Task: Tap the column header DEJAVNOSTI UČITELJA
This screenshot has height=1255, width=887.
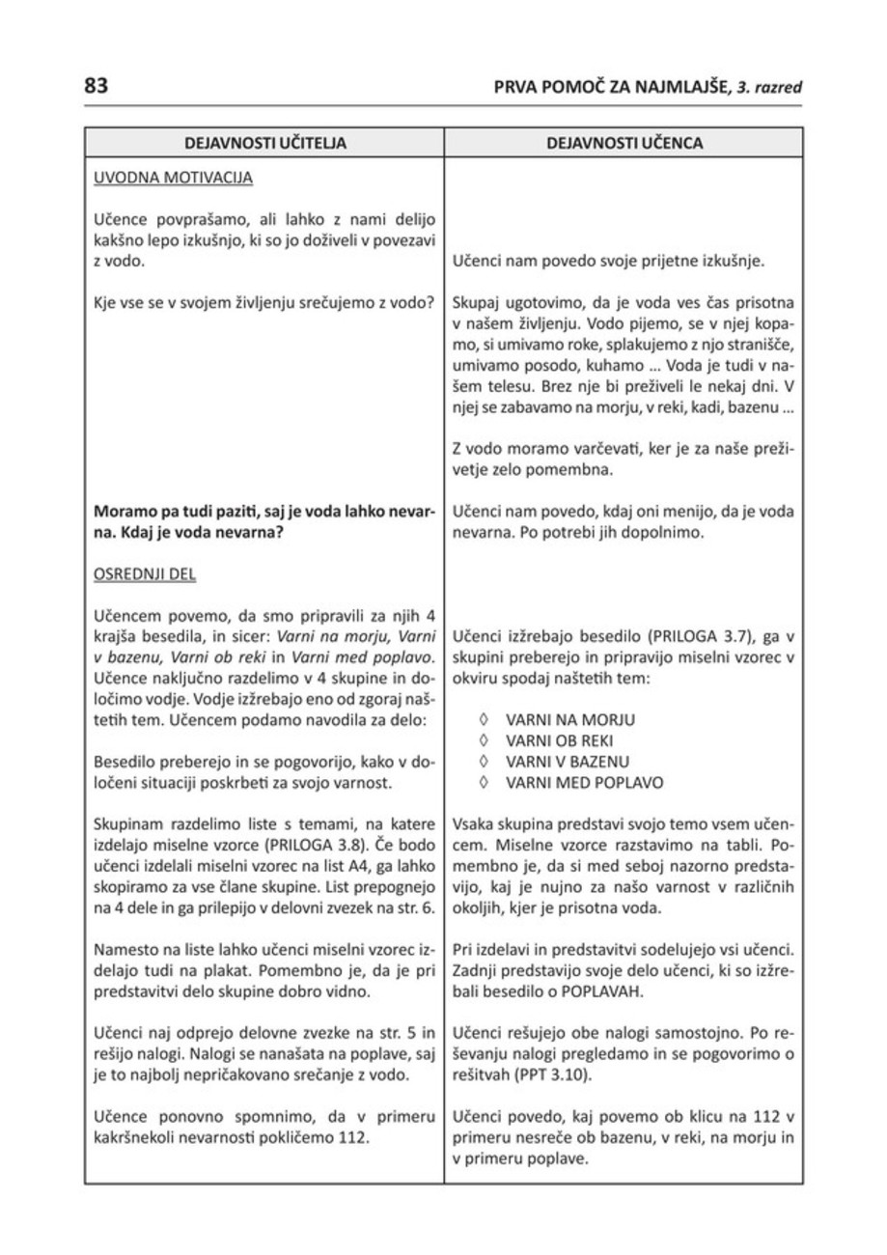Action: pos(265,143)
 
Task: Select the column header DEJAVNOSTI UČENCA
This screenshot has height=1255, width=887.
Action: pos(624,143)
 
